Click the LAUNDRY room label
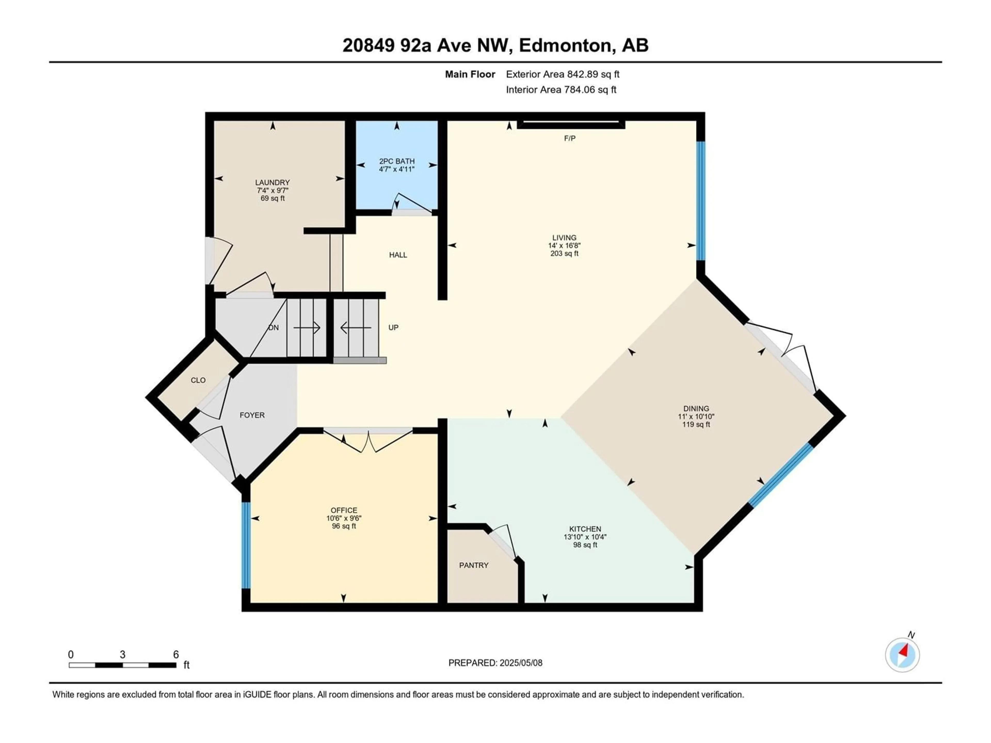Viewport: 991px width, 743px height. pyautogui.click(x=272, y=182)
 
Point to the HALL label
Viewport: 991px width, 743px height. pyautogui.click(x=398, y=255)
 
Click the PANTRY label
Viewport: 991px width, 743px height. pyautogui.click(x=474, y=565)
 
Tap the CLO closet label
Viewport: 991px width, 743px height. pyautogui.click(x=198, y=380)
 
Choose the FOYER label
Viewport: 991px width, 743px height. pyautogui.click(x=252, y=415)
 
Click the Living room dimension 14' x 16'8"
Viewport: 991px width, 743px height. pyautogui.click(x=564, y=245)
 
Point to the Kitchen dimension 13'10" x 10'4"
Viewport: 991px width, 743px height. pyautogui.click(x=585, y=537)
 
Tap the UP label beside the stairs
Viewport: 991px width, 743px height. pyautogui.click(x=393, y=327)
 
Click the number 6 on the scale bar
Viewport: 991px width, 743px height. pyautogui.click(x=176, y=654)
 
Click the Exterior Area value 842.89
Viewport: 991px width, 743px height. pyautogui.click(x=583, y=74)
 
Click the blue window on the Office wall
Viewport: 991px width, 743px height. pyautogui.click(x=245, y=545)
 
